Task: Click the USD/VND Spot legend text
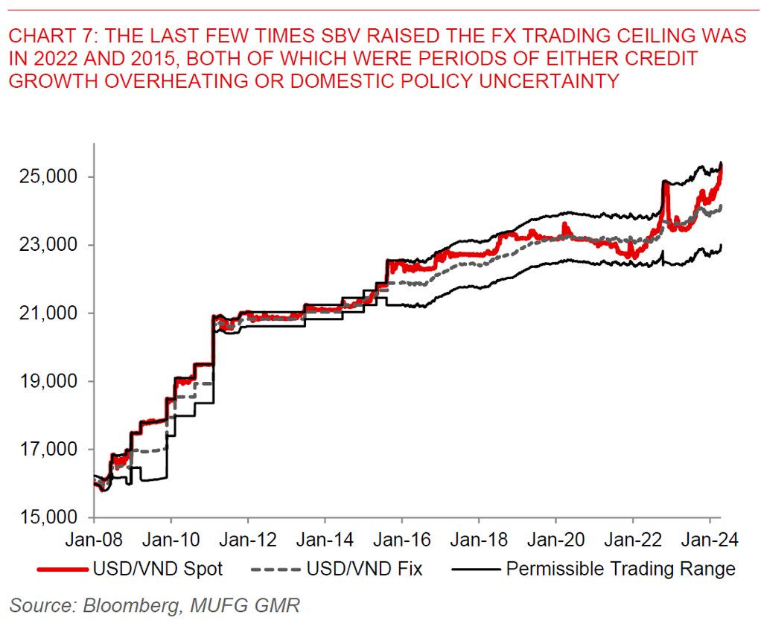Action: pos(158,569)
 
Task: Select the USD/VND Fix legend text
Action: pos(365,569)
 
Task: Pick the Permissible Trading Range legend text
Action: pos(620,569)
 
